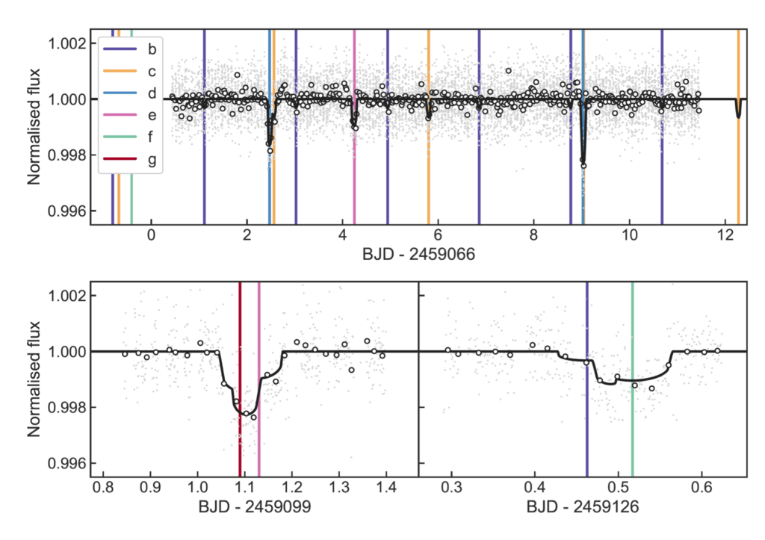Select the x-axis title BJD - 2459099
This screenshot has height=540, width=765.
point(253,507)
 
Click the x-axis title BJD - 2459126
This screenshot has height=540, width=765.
point(583,507)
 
